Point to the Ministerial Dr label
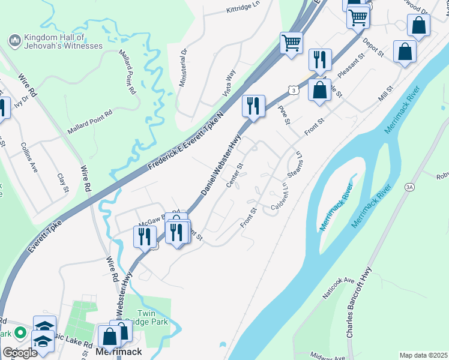[x=184, y=67]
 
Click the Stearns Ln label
[x=295, y=163]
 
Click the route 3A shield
[x=409, y=187]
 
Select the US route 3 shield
[x=293, y=90]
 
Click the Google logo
[x=19, y=352]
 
